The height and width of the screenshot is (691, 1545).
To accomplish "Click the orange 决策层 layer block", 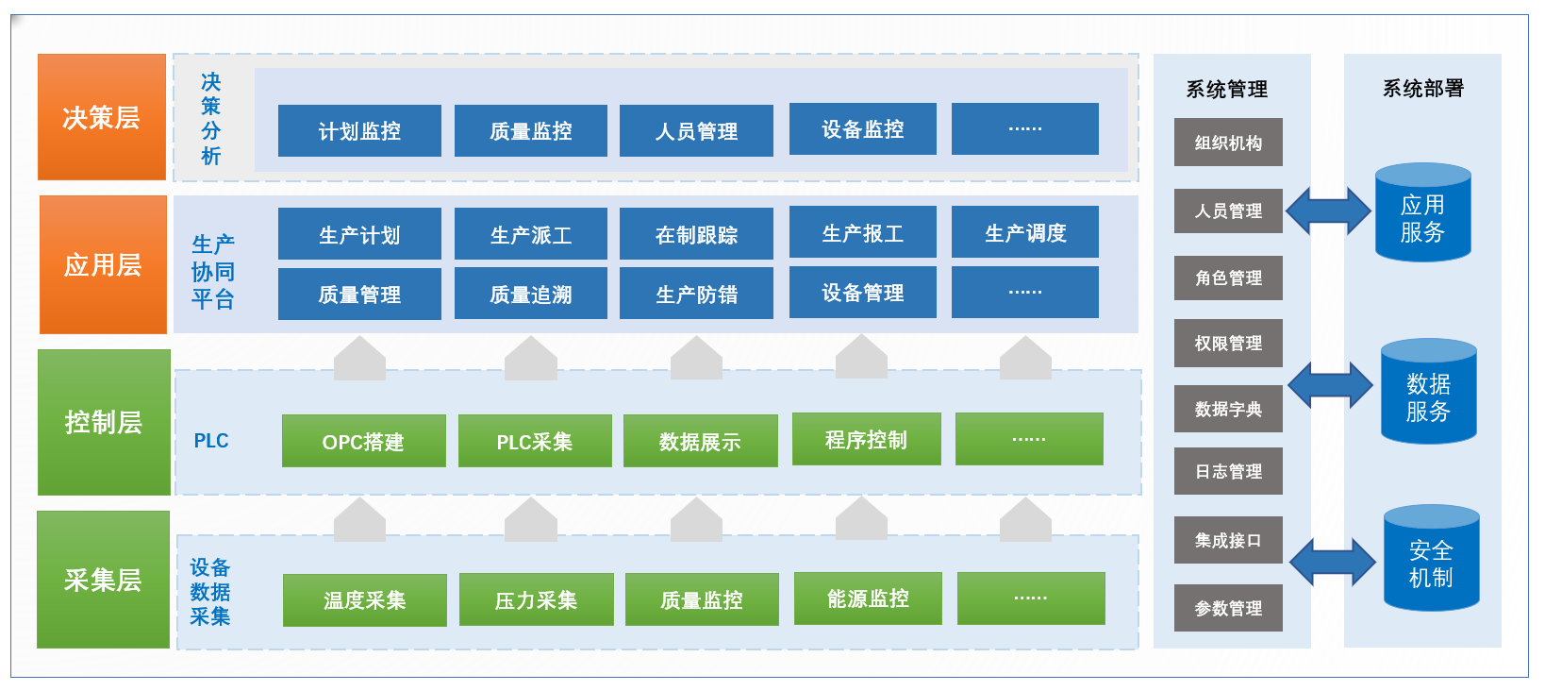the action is tap(102, 117).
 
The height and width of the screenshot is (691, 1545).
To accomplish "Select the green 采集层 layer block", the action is tap(103, 580).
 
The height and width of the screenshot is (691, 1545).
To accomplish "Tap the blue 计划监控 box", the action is tap(359, 131).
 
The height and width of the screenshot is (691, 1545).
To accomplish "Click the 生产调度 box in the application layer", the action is tap(1024, 232).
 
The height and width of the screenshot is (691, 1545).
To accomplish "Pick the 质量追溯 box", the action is tap(530, 294).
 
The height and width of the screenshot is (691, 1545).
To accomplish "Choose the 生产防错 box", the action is tap(696, 294).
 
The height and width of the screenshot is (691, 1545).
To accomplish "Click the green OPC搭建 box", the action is tap(363, 441).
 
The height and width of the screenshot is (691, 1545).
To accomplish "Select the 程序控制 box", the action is tap(866, 439).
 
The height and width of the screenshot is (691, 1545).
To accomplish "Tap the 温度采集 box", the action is tap(364, 599).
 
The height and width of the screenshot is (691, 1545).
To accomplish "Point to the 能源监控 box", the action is tap(868, 598).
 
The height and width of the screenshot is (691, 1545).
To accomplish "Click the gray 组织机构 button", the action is tap(1228, 143).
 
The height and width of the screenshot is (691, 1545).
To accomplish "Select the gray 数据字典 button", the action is tap(1228, 409).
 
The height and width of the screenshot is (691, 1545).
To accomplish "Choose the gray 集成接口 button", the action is tap(1228, 540).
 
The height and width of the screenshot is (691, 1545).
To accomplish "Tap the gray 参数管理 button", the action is tap(1228, 608).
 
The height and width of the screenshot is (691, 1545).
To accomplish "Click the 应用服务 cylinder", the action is tap(1422, 215).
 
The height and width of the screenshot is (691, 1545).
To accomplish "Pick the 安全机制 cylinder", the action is tap(1431, 561).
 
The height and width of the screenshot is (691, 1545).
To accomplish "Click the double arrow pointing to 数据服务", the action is tap(1330, 385).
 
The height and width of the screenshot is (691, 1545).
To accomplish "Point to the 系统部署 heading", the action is tap(1422, 89).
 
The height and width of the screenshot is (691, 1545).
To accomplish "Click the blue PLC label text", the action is tap(211, 441).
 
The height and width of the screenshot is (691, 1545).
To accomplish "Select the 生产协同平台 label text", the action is tap(213, 272).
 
